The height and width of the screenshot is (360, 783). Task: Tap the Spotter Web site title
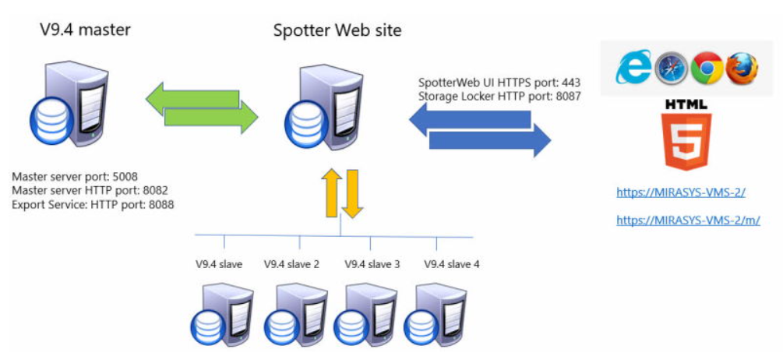[337, 30]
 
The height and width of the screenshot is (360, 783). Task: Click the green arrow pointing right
[210, 118]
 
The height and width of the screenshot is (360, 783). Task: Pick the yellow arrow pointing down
[352, 196]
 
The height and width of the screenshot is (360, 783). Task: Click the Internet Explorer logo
[634, 69]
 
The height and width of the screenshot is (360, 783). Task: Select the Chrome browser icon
[707, 69]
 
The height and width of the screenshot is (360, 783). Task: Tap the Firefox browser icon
[742, 69]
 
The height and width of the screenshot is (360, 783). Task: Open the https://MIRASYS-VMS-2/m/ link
[688, 221]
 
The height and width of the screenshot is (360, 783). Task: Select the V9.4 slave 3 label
[372, 264]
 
